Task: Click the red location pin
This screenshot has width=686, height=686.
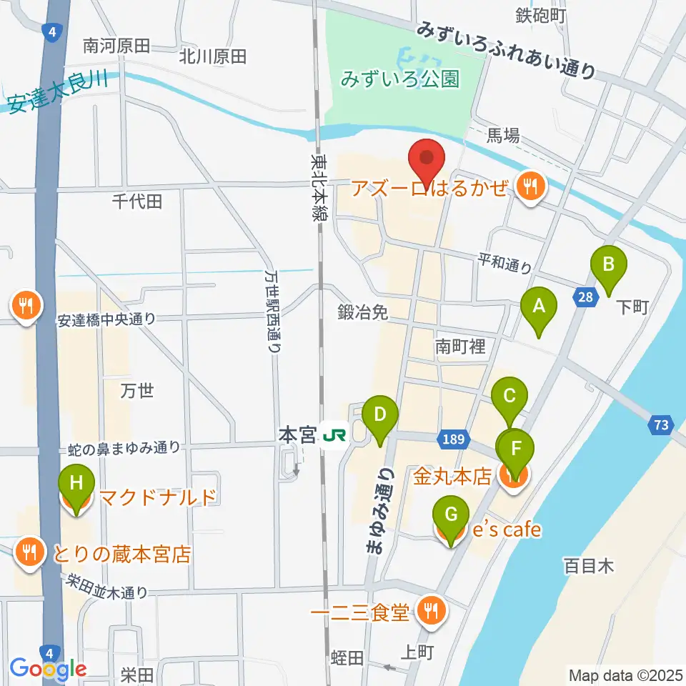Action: (426, 161)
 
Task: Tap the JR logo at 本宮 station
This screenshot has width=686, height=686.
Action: (331, 434)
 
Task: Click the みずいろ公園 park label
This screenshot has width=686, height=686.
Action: (399, 79)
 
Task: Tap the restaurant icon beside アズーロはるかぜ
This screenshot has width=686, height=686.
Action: (530, 188)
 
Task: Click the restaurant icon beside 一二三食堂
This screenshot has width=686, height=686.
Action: (431, 612)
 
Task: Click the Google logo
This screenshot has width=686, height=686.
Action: (48, 669)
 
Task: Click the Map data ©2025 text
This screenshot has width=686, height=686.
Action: (624, 675)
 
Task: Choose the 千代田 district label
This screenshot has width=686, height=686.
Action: (137, 202)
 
